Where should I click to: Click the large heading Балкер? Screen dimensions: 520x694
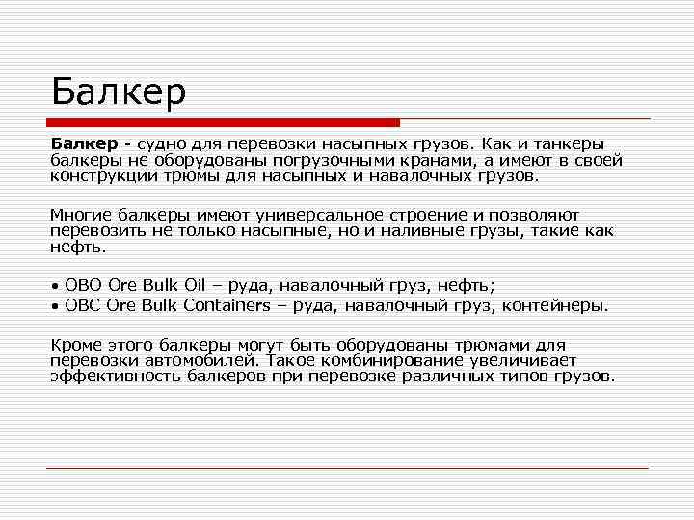(118, 93)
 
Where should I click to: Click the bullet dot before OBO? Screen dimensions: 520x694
(55, 287)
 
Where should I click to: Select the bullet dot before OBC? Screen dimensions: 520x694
(55, 306)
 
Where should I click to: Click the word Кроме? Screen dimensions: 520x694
(75, 344)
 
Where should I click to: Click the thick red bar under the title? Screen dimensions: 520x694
(223, 122)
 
